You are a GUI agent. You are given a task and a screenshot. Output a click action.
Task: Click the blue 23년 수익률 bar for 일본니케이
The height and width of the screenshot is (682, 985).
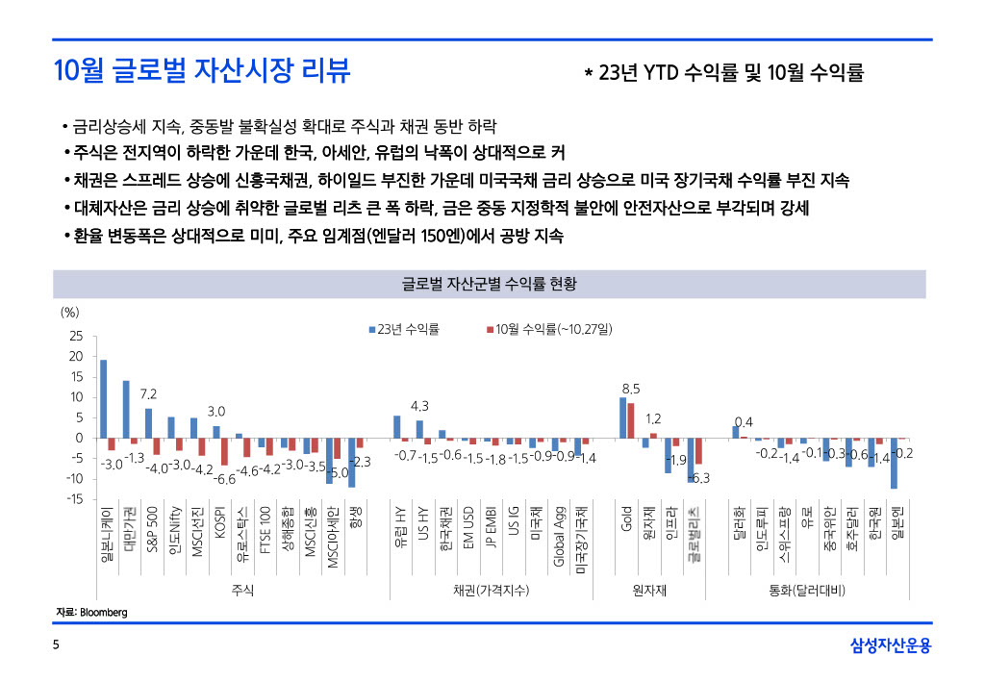104,399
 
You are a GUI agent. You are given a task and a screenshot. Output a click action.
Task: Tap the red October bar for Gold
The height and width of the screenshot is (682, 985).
631,420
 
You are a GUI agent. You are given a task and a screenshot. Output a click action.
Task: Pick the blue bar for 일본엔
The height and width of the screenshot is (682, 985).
895,464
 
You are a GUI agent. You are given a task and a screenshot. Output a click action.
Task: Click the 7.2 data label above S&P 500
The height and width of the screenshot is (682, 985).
148,394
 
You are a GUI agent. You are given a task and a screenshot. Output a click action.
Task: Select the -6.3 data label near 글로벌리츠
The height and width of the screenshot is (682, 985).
700,478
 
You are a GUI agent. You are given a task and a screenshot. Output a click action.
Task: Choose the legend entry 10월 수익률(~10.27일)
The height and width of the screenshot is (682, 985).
553,330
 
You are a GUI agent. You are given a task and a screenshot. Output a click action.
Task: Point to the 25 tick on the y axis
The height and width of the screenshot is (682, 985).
76,337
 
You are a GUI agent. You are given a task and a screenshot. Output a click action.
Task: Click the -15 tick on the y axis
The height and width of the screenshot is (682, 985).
73,498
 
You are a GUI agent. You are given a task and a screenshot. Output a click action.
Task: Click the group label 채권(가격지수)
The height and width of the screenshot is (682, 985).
491,589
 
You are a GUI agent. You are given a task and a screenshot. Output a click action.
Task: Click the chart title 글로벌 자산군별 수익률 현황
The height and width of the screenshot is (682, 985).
488,284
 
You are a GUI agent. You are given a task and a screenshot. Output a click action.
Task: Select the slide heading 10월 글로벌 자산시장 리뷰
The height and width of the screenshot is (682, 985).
202,71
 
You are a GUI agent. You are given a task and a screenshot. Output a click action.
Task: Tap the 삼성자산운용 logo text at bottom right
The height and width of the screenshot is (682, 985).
891,646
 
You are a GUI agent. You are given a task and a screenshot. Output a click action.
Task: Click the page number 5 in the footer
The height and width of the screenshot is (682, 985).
56,645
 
